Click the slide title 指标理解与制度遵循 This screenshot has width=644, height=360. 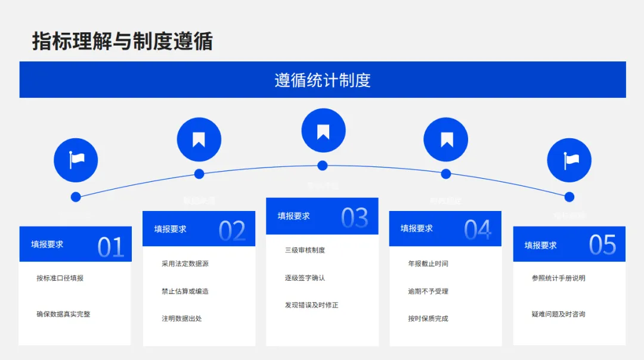122,42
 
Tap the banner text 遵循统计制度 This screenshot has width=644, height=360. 323,80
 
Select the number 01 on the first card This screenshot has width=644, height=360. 110,247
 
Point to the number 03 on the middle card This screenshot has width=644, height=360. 355,218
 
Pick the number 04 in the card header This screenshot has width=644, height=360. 478,230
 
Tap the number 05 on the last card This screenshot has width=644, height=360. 602,245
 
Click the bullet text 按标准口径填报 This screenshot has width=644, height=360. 60,278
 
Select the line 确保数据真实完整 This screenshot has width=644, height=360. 63,314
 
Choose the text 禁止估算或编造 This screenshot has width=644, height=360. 185,291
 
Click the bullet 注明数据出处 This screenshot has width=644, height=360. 182,318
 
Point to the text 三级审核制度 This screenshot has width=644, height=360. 305,250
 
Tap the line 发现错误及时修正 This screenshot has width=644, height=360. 311,305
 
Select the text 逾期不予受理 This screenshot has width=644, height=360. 428,291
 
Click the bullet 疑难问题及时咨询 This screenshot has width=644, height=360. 558,314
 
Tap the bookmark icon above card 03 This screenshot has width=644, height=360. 323,131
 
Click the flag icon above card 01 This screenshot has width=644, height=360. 76,160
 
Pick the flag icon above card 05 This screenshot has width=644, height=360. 569,160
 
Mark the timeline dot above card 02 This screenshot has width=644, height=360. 199,174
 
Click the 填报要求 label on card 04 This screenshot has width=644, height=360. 417,228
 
